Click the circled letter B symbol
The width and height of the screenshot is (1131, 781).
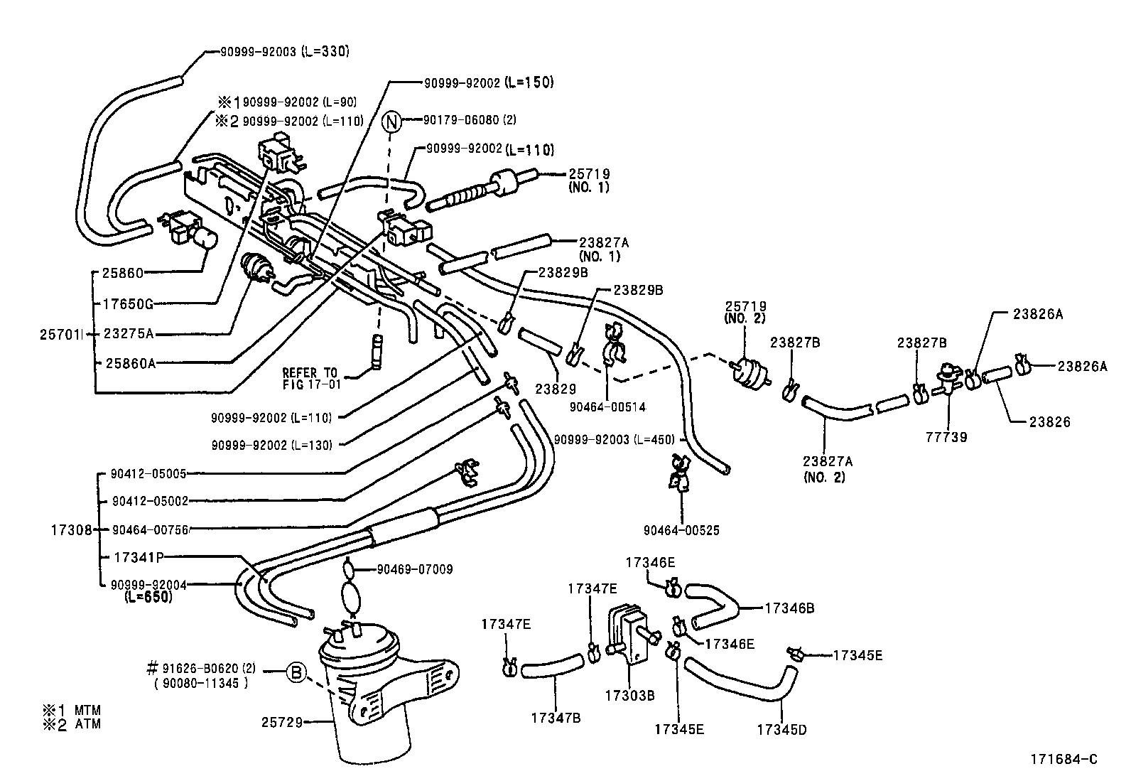coord(297,670)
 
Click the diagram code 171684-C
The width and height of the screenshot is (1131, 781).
coord(1064,759)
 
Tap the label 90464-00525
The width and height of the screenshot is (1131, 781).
coord(681,530)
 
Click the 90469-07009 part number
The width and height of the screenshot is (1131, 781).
coord(414,569)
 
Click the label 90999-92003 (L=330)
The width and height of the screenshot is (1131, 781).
coord(278,52)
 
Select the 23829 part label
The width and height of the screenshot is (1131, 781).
coord(556,389)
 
